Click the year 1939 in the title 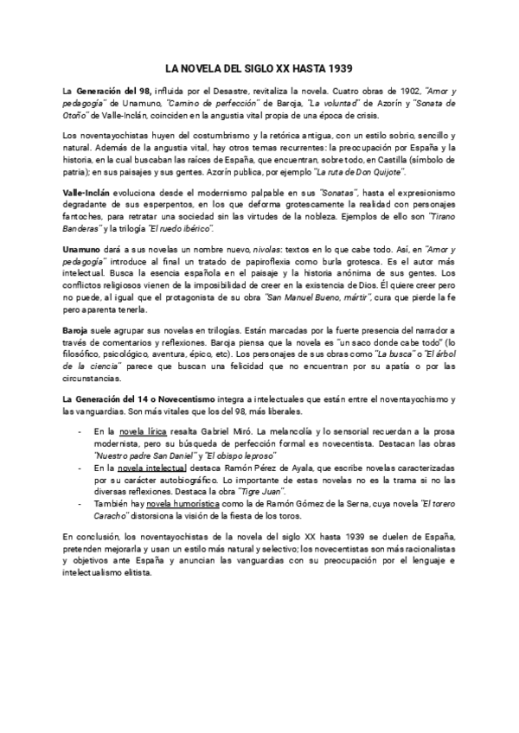(338, 68)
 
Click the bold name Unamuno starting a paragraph (84, 251)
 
